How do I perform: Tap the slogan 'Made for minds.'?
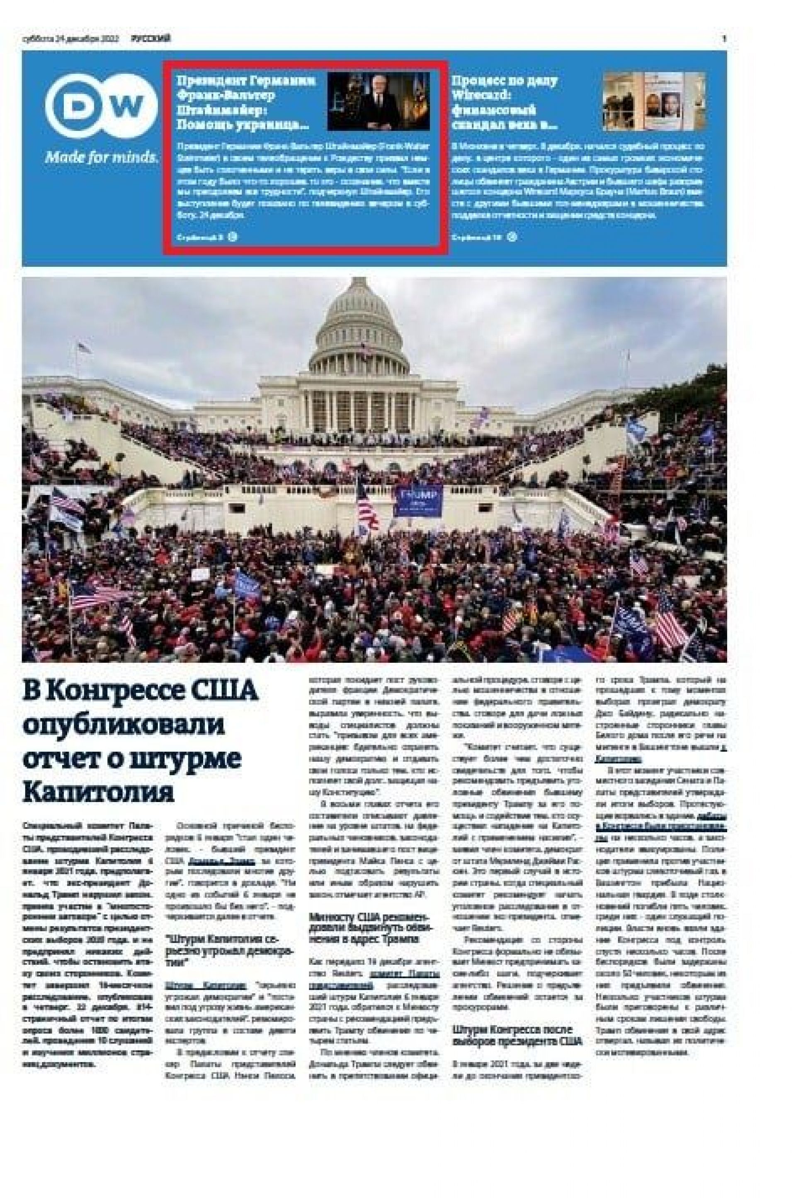click(x=102, y=157)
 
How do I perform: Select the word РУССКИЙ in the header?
click(x=151, y=39)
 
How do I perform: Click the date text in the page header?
click(x=70, y=39)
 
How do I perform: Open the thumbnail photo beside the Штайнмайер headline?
click(x=378, y=101)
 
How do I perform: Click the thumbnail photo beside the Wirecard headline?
click(x=654, y=101)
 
